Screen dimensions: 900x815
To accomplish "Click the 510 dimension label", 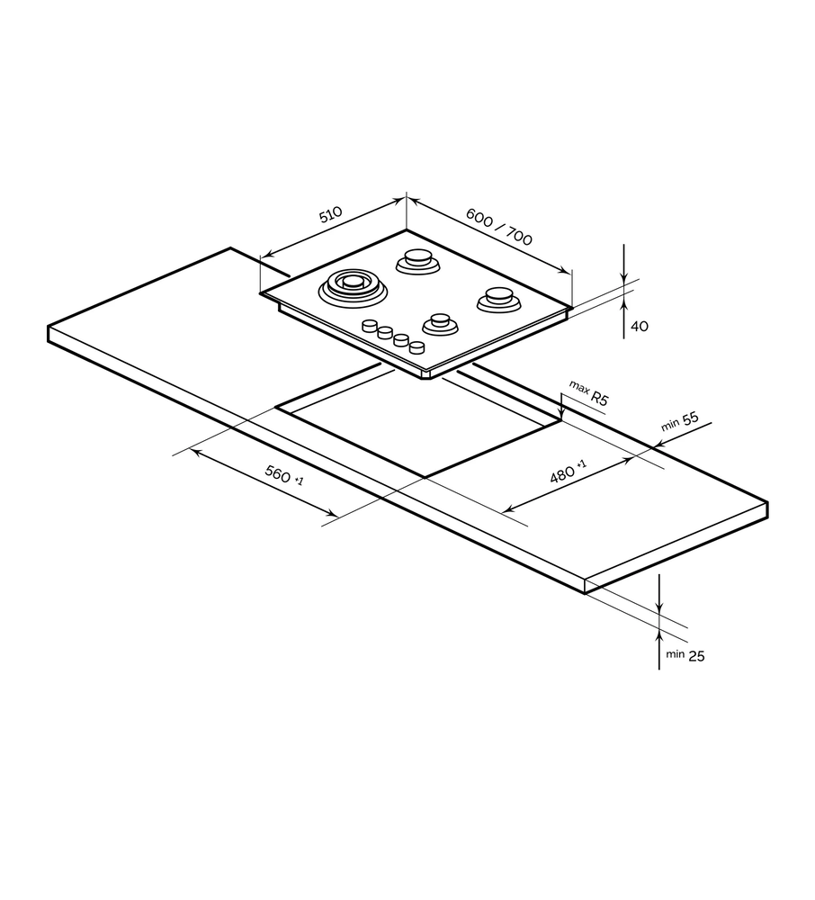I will (330, 215).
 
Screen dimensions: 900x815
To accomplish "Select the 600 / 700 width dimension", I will (499, 227).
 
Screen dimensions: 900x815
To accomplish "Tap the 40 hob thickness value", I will (639, 327).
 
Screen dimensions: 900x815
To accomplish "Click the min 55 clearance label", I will (680, 422).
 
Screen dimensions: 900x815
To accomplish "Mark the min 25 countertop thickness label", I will (685, 656).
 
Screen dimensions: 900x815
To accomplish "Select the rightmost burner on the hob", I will (498, 298).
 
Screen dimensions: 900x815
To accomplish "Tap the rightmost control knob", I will (416, 346).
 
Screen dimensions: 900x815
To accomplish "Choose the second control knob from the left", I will (385, 334).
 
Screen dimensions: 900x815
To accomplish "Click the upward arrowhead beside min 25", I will (659, 629).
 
